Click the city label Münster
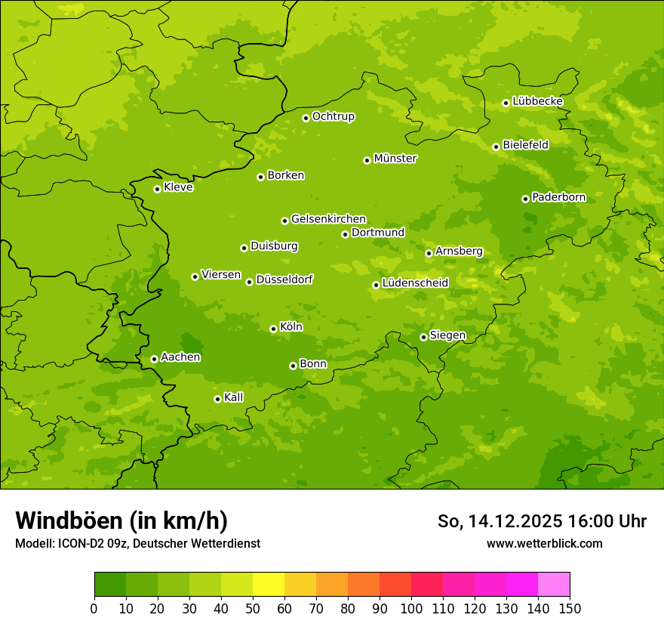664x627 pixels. pos(395,159)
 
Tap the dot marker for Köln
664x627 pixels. pos(273,329)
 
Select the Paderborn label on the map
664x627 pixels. pos(558,197)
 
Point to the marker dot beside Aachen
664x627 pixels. pos(154,359)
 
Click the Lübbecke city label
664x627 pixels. pos(537,101)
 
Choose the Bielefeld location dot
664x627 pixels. pos(496,147)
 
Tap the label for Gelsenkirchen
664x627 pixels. pos(328,219)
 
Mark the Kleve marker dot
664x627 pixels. pos(157,189)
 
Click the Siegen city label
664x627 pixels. pos(447,335)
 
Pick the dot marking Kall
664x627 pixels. pos(217,399)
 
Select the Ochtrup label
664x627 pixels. pos(333,116)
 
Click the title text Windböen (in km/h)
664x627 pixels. pos(121,520)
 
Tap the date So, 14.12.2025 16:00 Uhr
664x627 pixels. pos(542,521)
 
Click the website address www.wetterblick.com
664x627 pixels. pos(544,543)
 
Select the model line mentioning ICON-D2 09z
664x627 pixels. pos(137,543)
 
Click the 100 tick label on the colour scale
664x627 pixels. pos(411,608)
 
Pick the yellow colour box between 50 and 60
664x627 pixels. pos(269,585)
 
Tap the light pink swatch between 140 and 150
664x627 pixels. pos(554,585)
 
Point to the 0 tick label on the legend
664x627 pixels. pos(94,608)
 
